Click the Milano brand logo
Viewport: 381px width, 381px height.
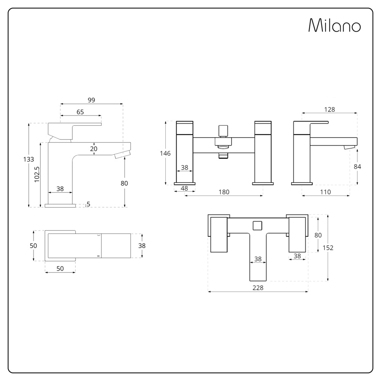click(334, 25)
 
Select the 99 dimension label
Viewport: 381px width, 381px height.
click(91, 100)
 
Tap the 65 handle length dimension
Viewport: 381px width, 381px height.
click(80, 112)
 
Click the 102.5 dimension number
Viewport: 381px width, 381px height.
click(37, 174)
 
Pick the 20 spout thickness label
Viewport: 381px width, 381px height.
click(94, 149)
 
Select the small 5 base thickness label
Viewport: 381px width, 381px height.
click(88, 204)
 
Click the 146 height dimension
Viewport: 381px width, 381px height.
click(165, 153)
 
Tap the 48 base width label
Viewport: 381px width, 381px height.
click(184, 189)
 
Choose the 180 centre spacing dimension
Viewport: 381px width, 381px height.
click(224, 192)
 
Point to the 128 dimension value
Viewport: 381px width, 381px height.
click(329, 109)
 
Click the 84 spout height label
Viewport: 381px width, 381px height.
click(357, 166)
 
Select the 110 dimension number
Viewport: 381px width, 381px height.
click(325, 192)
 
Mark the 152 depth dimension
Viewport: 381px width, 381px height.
click(328, 248)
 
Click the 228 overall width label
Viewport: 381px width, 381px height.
click(258, 288)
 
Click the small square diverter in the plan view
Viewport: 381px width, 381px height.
click(258, 225)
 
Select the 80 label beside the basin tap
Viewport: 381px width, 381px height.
click(124, 183)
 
